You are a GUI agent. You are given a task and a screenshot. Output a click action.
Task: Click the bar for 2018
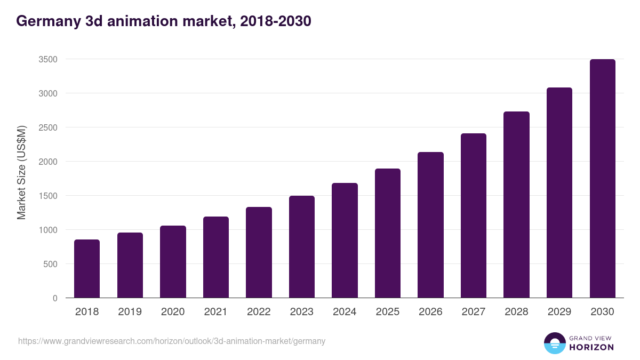tap(87, 269)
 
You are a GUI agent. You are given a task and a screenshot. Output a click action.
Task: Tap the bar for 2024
tap(345, 241)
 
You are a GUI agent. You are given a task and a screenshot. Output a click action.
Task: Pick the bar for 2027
tap(474, 215)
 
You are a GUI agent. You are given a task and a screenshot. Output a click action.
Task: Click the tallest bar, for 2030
tap(602, 179)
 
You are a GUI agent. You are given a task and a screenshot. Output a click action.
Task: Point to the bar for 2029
tap(559, 193)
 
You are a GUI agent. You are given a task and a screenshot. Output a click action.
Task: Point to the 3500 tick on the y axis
tap(48, 59)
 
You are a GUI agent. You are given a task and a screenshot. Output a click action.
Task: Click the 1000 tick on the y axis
tap(48, 230)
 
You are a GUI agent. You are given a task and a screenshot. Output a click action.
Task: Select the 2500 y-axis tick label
tap(48, 127)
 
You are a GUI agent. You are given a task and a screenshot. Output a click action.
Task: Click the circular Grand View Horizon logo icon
tap(554, 343)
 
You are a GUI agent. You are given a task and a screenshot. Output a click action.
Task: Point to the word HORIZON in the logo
tap(591, 347)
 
